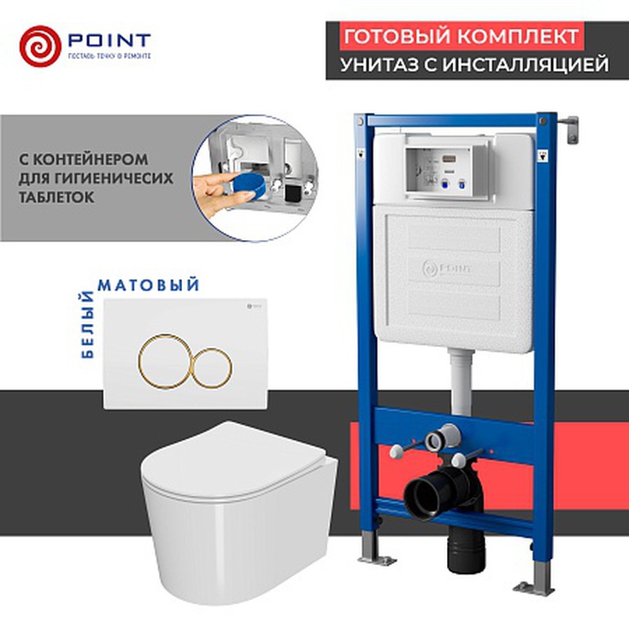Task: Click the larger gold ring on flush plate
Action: tap(164, 357)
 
